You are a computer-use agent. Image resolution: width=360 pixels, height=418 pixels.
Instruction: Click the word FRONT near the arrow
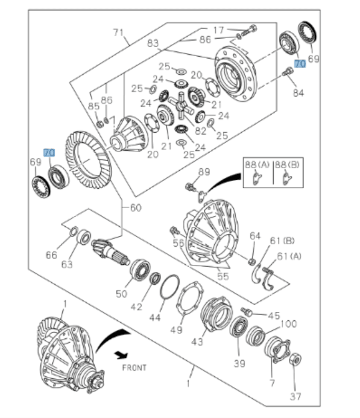pyautogui.click(x=133, y=367)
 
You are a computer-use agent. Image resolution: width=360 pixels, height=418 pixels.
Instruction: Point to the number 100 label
pyautogui.click(x=289, y=324)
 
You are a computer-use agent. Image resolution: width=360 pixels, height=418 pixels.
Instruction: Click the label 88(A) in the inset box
pyautogui.click(x=257, y=164)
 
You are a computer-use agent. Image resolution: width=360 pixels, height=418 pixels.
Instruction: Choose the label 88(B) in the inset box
pyautogui.click(x=288, y=164)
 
